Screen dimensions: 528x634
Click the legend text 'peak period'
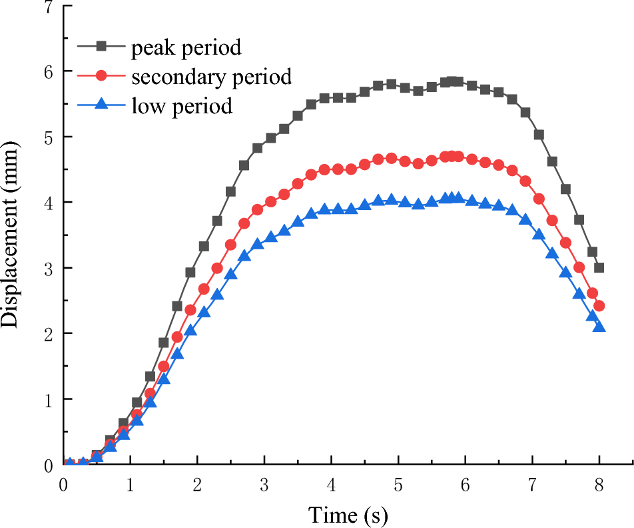(x=186, y=48)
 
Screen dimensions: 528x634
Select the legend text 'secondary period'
(x=211, y=77)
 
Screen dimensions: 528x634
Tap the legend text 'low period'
(x=181, y=105)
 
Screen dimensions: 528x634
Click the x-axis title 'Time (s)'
(x=347, y=514)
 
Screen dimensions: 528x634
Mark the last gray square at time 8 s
(x=599, y=267)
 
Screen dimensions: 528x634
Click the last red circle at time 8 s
(x=599, y=306)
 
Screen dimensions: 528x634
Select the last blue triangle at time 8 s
(x=599, y=326)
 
